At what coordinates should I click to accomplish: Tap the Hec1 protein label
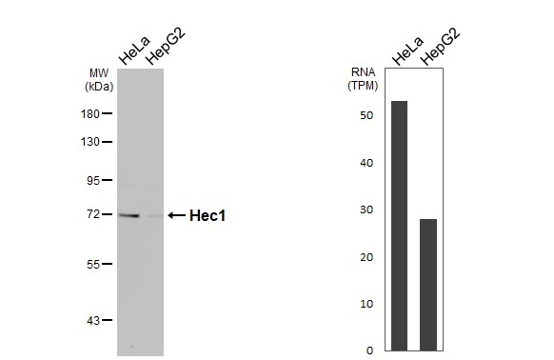coord(208,216)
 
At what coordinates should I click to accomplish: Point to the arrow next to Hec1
coord(176,216)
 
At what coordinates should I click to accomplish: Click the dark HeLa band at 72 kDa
coord(129,215)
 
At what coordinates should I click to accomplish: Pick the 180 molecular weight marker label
coord(90,113)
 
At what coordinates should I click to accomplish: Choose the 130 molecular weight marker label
coord(90,142)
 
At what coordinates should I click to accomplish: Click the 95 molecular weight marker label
coord(93,180)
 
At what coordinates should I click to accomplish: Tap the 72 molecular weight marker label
coord(93,214)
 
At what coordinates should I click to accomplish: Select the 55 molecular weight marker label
coord(93,264)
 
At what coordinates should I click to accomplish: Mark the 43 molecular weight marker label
coord(93,320)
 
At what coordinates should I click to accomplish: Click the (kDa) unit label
coord(99,86)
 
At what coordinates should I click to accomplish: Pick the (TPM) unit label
coord(362,86)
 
